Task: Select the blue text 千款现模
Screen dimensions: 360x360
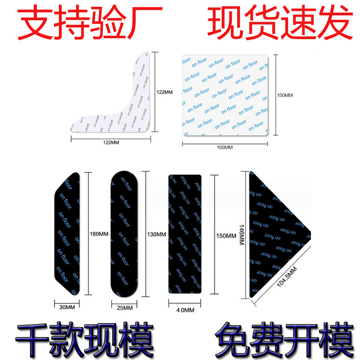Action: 85,335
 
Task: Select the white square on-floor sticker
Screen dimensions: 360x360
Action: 225,95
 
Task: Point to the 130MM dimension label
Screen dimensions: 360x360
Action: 157,234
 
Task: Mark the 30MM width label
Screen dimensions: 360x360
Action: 66,307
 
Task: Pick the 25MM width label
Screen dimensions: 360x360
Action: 124,308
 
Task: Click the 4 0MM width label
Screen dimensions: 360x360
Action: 185,310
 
